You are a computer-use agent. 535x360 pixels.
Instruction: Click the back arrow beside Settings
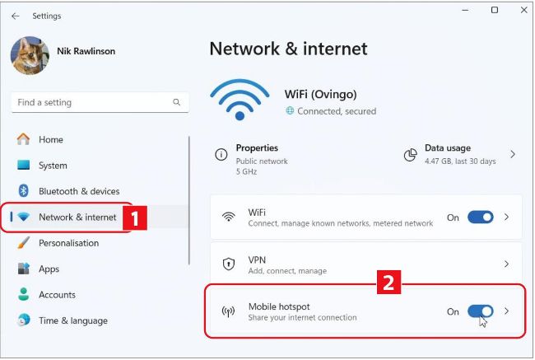[x=16, y=16]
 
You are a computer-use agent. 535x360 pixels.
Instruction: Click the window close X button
[x=524, y=10]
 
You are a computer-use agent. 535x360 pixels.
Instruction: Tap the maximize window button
[x=495, y=10]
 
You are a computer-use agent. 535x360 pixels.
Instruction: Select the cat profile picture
[x=30, y=55]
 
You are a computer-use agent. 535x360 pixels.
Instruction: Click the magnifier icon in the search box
[x=176, y=102]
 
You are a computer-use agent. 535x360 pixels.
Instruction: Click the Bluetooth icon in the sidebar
[x=23, y=191]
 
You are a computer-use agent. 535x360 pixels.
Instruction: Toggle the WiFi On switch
[x=481, y=217]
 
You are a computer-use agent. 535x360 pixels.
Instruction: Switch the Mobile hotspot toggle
[x=481, y=311]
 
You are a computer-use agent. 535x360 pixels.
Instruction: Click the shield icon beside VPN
[x=228, y=264]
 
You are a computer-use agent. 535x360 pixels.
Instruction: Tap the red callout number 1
[x=135, y=218]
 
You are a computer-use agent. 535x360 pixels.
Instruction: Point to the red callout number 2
[x=388, y=282]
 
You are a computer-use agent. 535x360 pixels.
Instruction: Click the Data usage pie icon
[x=411, y=155]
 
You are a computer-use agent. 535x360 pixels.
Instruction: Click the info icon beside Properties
[x=221, y=154]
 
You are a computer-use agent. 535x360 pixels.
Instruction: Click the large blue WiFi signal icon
[x=240, y=100]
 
